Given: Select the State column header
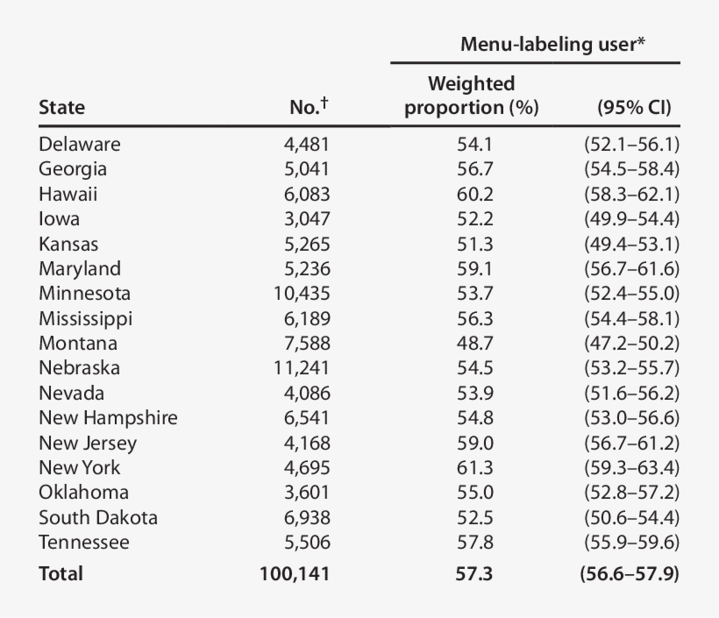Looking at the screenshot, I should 62,108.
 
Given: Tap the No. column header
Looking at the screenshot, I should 309,107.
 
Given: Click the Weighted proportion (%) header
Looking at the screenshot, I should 472,96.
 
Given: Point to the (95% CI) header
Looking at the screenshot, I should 633,108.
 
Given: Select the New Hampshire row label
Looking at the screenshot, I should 108,418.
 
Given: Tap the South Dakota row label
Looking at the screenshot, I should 98,517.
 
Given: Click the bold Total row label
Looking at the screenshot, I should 61,574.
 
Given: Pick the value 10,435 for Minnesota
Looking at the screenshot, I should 303,294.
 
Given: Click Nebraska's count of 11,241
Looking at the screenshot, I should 303,368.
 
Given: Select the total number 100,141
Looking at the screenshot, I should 295,574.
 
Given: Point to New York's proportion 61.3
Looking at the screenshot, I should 474,467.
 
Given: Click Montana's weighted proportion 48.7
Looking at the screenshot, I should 474,344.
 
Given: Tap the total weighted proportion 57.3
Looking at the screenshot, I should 474,574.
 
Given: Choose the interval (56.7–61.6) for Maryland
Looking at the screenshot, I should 631,268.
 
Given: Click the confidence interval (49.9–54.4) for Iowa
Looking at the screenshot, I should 631,219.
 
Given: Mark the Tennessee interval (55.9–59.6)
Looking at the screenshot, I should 631,543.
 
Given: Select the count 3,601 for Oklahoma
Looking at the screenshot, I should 307,493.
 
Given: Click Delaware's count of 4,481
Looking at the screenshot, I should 307,144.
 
